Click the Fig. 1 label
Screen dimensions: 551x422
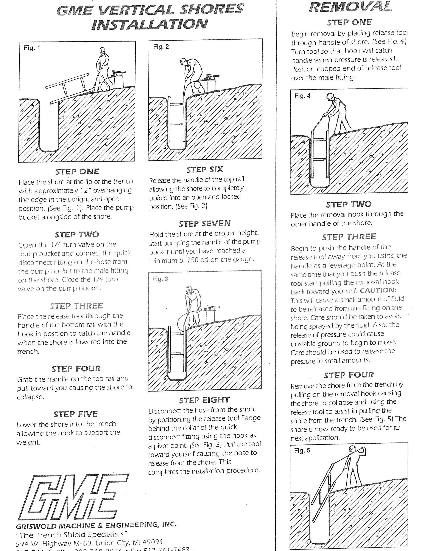pyautogui.click(x=32, y=48)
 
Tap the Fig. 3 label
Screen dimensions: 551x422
pyautogui.click(x=160, y=279)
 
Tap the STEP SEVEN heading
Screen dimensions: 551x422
pyautogui.click(x=205, y=223)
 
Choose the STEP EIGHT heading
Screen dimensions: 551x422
pyautogui.click(x=204, y=400)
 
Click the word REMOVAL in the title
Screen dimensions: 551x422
pyautogui.click(x=350, y=7)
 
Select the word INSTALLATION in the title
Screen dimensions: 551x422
pyautogui.click(x=150, y=24)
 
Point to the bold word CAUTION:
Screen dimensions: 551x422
pyautogui.click(x=378, y=290)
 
